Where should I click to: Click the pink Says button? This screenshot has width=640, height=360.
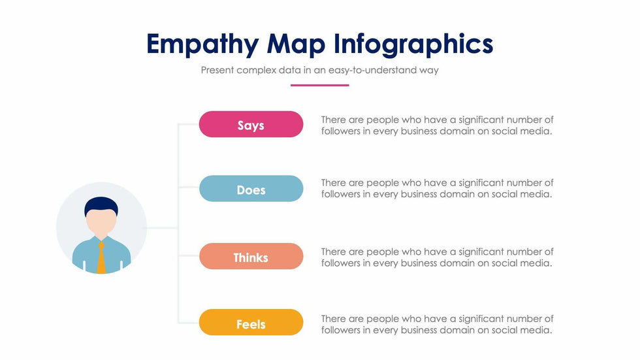pyautogui.click(x=251, y=124)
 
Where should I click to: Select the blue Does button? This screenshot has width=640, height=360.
pyautogui.click(x=251, y=189)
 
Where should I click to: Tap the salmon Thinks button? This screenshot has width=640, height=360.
pyautogui.click(x=251, y=256)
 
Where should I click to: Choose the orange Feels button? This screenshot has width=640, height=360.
pyautogui.click(x=251, y=323)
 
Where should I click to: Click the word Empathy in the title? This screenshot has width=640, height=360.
pyautogui.click(x=202, y=44)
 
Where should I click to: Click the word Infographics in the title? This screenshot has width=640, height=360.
pyautogui.click(x=413, y=44)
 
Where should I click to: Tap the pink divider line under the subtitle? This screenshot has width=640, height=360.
pyautogui.click(x=319, y=86)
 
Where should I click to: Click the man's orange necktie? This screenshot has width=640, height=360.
pyautogui.click(x=101, y=257)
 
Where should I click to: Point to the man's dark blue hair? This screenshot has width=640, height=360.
pyautogui.click(x=101, y=206)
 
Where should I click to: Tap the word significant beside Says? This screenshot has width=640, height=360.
pyautogui.click(x=481, y=120)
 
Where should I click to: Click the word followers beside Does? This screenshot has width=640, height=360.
pyautogui.click(x=341, y=194)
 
